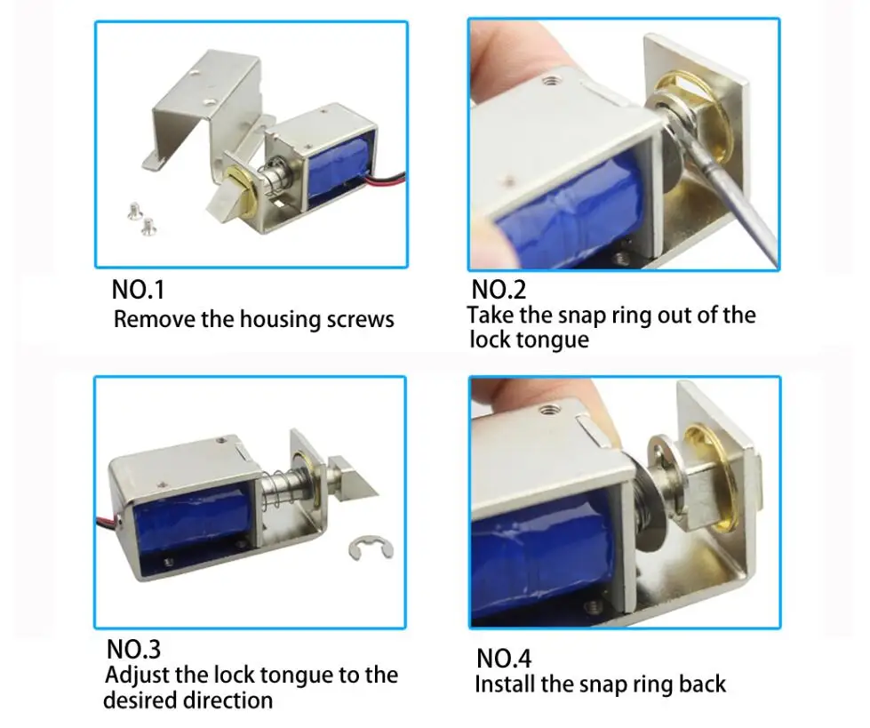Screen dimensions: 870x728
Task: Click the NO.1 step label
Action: [x=138, y=290]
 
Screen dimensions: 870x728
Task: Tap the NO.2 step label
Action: [x=499, y=290]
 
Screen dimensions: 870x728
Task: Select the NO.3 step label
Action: [x=133, y=649]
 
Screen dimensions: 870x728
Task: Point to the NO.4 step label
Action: [x=503, y=658]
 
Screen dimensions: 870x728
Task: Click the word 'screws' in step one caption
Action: [x=360, y=320]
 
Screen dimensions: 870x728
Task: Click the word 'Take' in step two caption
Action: [x=491, y=315]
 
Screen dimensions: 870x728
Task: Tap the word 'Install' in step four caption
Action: [x=505, y=684]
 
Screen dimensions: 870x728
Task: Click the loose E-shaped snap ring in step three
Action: [x=371, y=548]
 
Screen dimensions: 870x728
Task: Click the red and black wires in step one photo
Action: [x=386, y=181]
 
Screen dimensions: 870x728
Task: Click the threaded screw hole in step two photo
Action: [x=551, y=81]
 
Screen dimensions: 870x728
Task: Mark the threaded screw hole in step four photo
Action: [x=549, y=412]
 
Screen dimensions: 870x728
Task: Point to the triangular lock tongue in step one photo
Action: [x=227, y=205]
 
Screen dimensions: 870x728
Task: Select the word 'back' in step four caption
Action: [x=702, y=684]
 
